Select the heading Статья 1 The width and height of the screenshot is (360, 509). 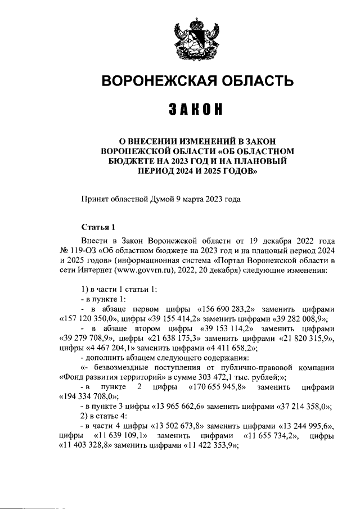pyautogui.click(x=98, y=227)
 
